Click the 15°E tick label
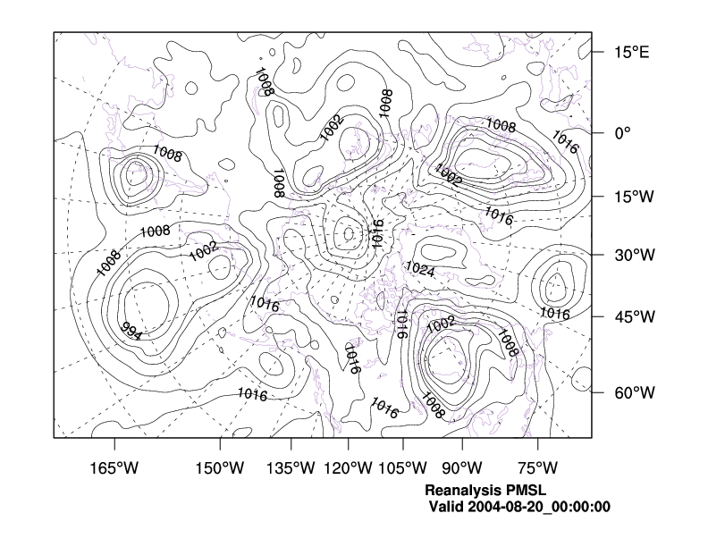[x=630, y=52]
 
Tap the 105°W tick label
[x=402, y=467]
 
